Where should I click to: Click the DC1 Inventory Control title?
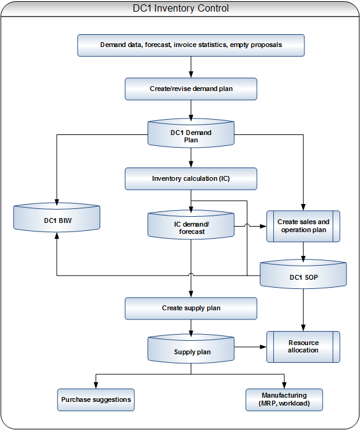pyautogui.click(x=180, y=8)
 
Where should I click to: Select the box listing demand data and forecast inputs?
pyautogui.click(x=191, y=45)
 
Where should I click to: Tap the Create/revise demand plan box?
pyautogui.click(x=191, y=89)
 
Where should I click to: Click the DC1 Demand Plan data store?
pyautogui.click(x=191, y=134)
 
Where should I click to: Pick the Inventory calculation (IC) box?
pyautogui.click(x=191, y=178)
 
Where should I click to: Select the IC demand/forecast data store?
pyautogui.click(x=191, y=225)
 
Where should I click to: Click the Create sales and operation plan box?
pyautogui.click(x=303, y=226)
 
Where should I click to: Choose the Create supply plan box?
pyautogui.click(x=191, y=308)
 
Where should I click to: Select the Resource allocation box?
pyautogui.click(x=303, y=347)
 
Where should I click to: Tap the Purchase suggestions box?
pyautogui.click(x=96, y=399)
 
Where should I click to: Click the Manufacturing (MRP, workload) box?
pyautogui.click(x=284, y=399)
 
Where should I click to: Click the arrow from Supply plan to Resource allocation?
pyautogui.click(x=251, y=347)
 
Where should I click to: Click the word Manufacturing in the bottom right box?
pyautogui.click(x=284, y=395)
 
